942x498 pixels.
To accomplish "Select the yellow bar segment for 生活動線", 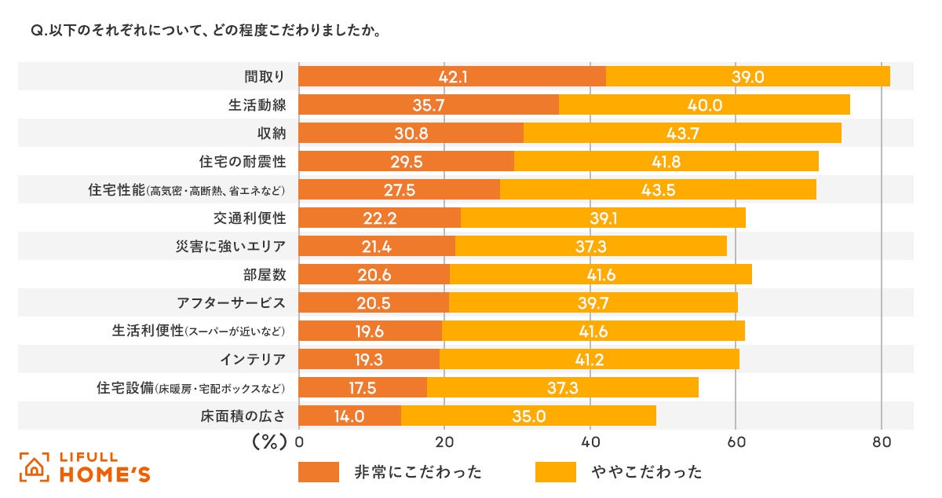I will pyautogui.click(x=704, y=104).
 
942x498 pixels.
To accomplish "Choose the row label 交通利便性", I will pyautogui.click(x=246, y=218).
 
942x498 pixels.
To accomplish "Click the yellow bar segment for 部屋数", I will pyautogui.click(x=601, y=274).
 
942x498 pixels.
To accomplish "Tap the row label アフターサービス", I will pyautogui.click(x=232, y=303).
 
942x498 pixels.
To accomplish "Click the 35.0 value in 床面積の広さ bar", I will pyautogui.click(x=528, y=416).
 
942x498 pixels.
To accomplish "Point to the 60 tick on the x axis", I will pyautogui.click(x=736, y=441).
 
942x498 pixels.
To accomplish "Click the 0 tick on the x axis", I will pyautogui.click(x=300, y=441).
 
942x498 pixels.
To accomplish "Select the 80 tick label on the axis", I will pyautogui.click(x=882, y=441).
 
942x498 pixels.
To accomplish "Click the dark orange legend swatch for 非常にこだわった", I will pyautogui.click(x=319, y=471).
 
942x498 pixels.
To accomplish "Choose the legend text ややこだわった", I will pyautogui.click(x=647, y=471).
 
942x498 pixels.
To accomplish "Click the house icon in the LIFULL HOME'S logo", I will pyautogui.click(x=34, y=467).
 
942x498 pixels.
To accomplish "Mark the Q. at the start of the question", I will pyautogui.click(x=38, y=33).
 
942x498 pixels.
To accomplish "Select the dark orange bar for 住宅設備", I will pyautogui.click(x=363, y=388).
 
